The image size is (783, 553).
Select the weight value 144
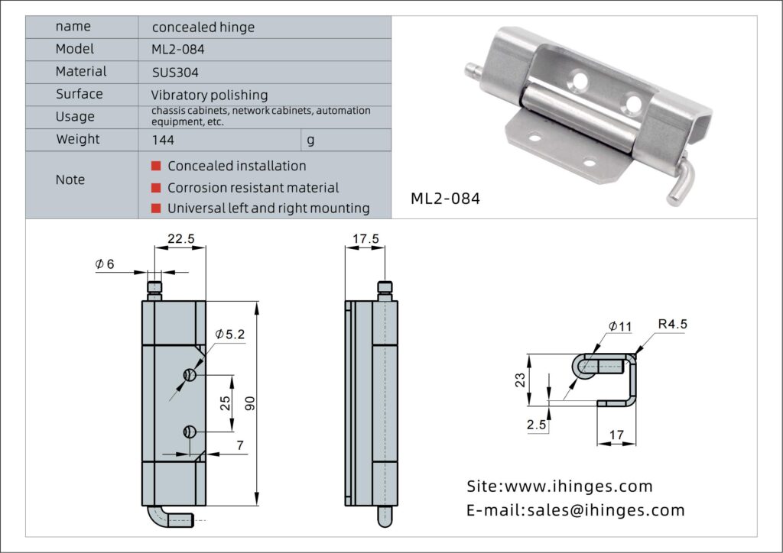[x=164, y=140]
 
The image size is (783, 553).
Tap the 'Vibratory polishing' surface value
[x=210, y=95]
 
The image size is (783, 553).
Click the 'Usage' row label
[x=76, y=117]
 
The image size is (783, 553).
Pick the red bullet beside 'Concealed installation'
[x=156, y=166]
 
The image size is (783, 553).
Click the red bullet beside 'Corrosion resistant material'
[x=156, y=187]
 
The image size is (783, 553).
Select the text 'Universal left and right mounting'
[x=268, y=208]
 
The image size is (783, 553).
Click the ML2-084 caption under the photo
[x=446, y=199]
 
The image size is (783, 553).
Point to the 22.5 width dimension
[x=180, y=239]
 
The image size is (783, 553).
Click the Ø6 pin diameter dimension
[x=105, y=264]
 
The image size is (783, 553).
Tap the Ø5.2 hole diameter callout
[x=230, y=335]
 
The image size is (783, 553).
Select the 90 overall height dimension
[x=249, y=403]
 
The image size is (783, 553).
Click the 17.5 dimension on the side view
[x=365, y=239]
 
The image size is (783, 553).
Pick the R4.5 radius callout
[x=673, y=324]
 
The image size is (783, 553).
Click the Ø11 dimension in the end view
[x=620, y=326]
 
